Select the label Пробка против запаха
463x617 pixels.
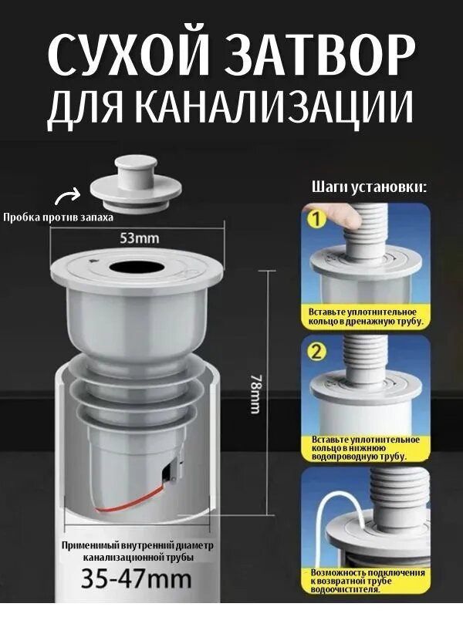(x=58, y=217)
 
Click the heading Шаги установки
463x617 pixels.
(x=369, y=187)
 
